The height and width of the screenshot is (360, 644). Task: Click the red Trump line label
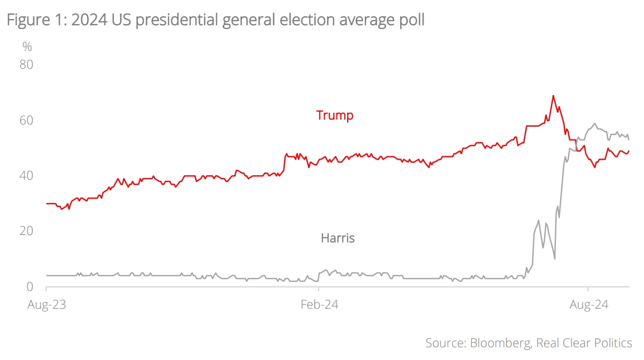pos(335,116)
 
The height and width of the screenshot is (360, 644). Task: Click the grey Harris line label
pos(338,238)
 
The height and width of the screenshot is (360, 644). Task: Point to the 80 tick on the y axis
pos(27,65)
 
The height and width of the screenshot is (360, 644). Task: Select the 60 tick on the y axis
pos(27,121)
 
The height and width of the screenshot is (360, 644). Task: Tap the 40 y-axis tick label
pos(27,176)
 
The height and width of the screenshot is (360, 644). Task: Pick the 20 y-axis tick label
pos(27,231)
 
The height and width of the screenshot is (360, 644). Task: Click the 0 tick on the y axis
pos(30,287)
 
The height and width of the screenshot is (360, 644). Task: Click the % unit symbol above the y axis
pos(27,47)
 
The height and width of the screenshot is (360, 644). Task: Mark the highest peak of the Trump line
pos(553,95)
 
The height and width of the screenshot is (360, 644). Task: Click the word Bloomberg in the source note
pos(499,343)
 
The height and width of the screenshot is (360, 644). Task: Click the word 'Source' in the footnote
pos(443,343)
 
